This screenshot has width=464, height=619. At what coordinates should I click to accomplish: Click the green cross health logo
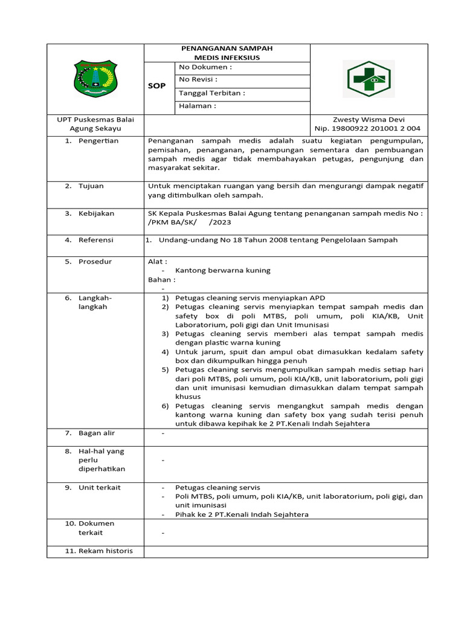pos(369,79)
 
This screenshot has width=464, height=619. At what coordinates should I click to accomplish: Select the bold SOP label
pos(157,86)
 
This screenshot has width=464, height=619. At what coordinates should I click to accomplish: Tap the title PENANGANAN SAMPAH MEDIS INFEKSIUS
pos(227,53)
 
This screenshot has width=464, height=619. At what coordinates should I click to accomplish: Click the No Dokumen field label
pos(205,67)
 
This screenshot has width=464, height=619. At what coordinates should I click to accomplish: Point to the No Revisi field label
pos(199,80)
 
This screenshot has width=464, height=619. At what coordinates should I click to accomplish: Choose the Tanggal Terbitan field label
pos(212,93)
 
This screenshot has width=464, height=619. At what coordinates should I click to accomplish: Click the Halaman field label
pos(198,106)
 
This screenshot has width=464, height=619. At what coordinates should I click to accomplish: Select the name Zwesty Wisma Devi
pos(369,120)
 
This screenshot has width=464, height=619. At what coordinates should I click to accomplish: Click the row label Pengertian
pos(98,141)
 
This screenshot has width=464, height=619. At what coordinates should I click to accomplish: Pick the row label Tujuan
pos(92,186)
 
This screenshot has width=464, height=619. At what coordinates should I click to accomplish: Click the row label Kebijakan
pos(96,213)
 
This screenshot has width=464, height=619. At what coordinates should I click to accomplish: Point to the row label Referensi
pos(95,240)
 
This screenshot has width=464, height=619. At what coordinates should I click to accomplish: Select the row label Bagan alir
pos(97,433)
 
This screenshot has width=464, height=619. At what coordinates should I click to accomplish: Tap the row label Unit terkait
pos(100,487)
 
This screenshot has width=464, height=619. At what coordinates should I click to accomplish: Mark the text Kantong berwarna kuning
pos(223,270)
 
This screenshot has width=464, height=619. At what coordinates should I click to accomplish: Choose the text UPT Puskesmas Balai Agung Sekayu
pos(95,124)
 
